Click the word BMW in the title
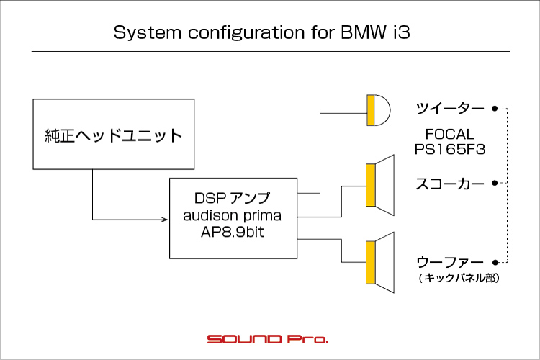tap(364, 32)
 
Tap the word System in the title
tap(148, 33)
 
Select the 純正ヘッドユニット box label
tap(113, 135)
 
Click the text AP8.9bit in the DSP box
tap(233, 232)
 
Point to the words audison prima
tap(233, 216)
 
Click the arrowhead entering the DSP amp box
tap(165, 220)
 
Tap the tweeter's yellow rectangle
tap(371, 110)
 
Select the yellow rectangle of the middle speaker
tap(371, 185)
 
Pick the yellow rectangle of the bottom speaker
tap(371, 263)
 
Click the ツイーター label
tap(450, 109)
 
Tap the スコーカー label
tap(450, 184)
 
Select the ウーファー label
tap(450, 263)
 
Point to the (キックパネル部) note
tap(459, 278)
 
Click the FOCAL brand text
tap(450, 134)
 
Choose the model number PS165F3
tap(450, 149)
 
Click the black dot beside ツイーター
tap(495, 109)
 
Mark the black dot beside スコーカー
tap(495, 183)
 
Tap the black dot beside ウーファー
tap(495, 263)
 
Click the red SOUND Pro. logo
tap(268, 339)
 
